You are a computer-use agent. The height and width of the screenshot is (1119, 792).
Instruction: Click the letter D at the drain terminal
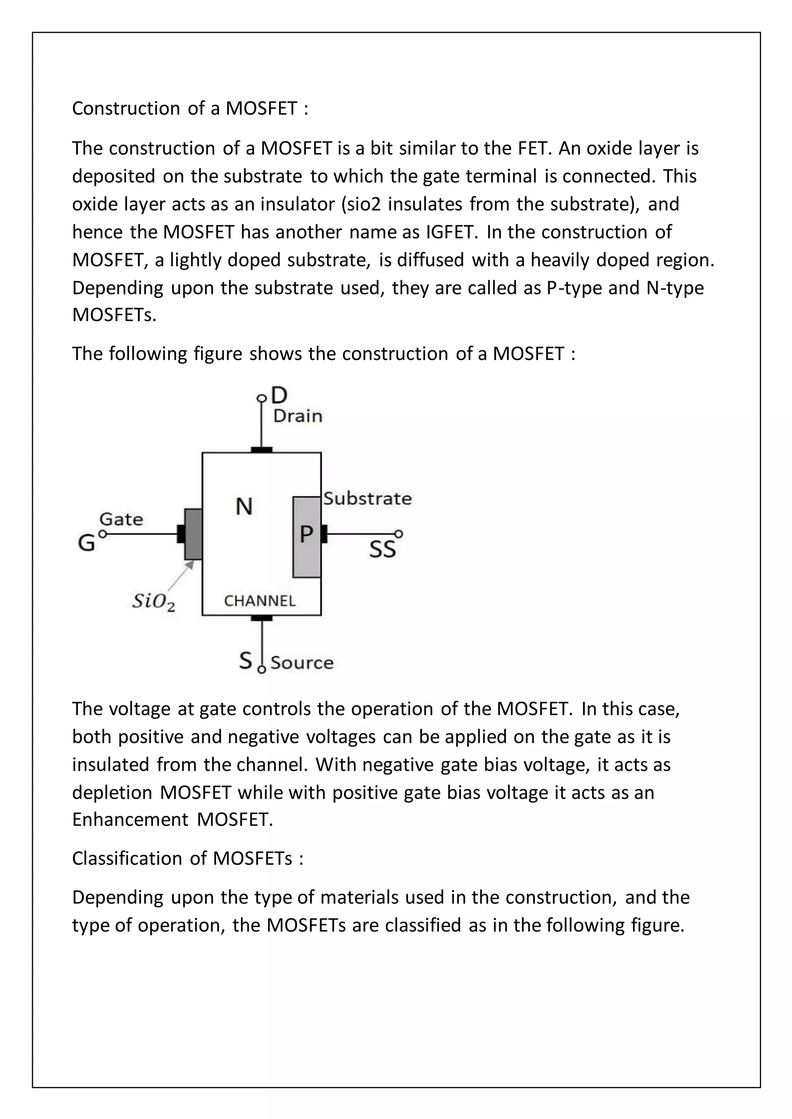point(279,395)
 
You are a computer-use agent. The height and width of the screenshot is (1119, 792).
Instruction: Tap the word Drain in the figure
point(297,416)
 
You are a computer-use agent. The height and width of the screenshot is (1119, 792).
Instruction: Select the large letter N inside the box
point(244,507)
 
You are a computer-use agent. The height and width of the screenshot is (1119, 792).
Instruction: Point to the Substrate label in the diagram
point(367,498)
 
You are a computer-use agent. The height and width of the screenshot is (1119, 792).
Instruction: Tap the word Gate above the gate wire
point(121,520)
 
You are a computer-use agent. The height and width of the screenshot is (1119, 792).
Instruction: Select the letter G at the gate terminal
point(86,543)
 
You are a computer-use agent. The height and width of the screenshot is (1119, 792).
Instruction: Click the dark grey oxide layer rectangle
point(193,534)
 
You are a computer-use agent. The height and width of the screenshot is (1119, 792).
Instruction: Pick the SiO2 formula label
point(153,602)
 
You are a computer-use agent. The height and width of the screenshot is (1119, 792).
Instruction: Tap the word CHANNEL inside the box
point(259,601)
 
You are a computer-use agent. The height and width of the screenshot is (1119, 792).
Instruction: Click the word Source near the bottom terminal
point(302,663)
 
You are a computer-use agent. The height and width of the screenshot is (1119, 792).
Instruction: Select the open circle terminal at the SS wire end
point(399,534)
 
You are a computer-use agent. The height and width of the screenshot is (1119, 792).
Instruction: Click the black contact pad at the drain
point(261,450)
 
